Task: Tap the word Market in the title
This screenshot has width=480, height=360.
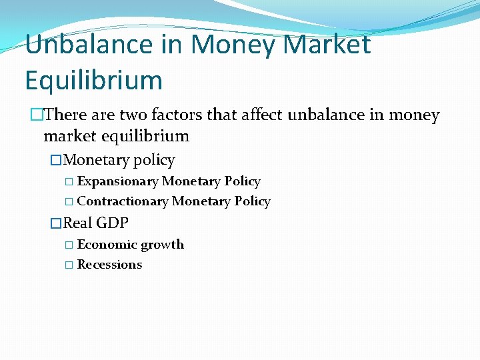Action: point(327,45)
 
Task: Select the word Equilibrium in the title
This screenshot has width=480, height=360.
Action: point(94,81)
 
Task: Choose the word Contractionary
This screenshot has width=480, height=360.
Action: point(123,201)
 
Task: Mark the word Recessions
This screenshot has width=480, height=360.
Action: point(109,265)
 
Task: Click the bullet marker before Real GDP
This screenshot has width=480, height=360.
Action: point(57,223)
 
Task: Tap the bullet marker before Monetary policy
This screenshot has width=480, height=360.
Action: point(57,160)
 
